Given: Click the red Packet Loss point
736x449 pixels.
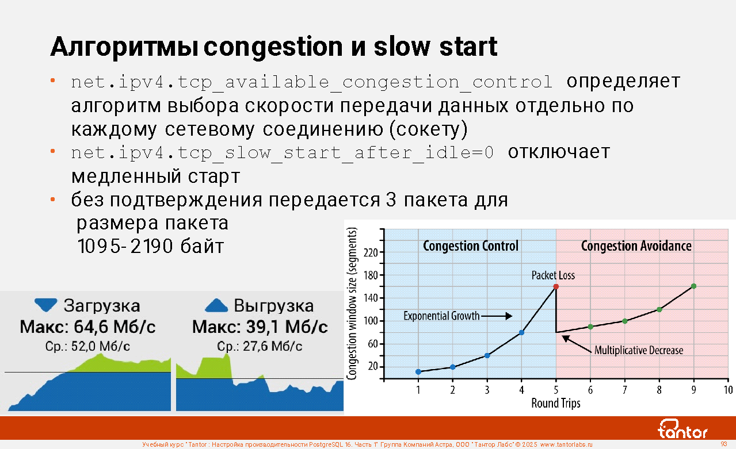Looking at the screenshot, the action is click(556, 286).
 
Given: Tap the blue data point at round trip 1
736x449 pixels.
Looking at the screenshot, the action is click(418, 372).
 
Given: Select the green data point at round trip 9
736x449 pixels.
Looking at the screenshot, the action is click(693, 286).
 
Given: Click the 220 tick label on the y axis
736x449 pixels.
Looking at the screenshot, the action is click(371, 252).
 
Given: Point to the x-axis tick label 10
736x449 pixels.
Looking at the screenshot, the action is click(728, 390).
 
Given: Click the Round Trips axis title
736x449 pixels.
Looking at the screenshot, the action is click(556, 403).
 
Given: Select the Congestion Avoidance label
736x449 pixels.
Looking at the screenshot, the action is click(636, 246).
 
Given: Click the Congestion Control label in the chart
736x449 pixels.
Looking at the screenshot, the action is click(471, 246).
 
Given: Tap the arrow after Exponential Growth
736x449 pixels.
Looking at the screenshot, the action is click(497, 316).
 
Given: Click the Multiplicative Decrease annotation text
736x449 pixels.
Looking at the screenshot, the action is click(639, 350).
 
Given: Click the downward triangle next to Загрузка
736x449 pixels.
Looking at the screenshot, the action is click(46, 305).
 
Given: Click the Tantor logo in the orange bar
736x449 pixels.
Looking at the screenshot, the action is click(682, 429).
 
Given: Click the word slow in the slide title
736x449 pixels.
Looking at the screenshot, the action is click(402, 47).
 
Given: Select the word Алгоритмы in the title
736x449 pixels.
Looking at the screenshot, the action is click(124, 48).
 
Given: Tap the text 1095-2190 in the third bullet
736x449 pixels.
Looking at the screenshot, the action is click(125, 246).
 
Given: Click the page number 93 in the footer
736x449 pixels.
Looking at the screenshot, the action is click(724, 444).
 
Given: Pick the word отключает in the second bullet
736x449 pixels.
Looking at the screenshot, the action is click(559, 152).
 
